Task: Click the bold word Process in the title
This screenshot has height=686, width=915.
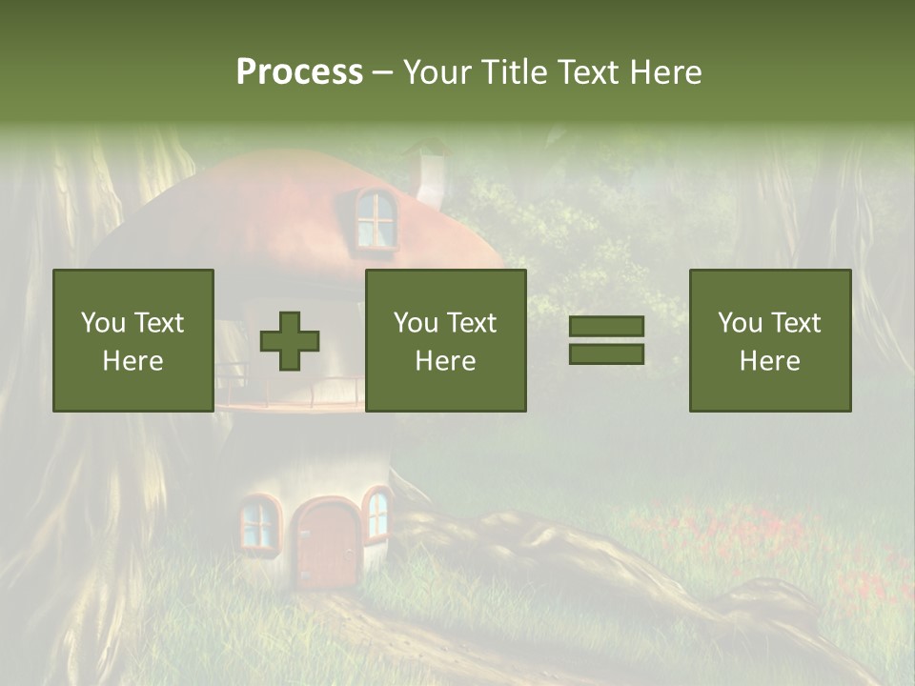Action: (x=299, y=72)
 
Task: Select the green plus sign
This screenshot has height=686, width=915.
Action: (x=290, y=341)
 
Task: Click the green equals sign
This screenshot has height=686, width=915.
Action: (x=606, y=340)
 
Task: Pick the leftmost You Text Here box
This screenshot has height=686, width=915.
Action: (x=132, y=340)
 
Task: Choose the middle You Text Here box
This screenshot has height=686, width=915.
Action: (x=445, y=340)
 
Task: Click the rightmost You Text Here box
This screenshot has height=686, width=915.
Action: (x=769, y=340)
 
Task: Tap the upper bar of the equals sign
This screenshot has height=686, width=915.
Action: (x=606, y=327)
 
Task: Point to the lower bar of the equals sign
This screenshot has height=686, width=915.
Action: (x=606, y=353)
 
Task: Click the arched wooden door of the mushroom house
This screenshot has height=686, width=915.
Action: (x=325, y=545)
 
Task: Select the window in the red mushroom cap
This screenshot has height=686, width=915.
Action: (x=376, y=219)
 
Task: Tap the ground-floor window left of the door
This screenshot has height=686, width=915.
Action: (x=257, y=524)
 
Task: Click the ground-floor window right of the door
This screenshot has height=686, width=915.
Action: (x=377, y=514)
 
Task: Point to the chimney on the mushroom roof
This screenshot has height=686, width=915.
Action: (x=431, y=177)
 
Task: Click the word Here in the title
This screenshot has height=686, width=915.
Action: (x=666, y=72)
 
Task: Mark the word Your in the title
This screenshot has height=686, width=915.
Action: (x=436, y=72)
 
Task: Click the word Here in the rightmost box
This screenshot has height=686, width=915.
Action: (x=769, y=360)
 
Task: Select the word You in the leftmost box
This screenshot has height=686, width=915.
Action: (x=102, y=323)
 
